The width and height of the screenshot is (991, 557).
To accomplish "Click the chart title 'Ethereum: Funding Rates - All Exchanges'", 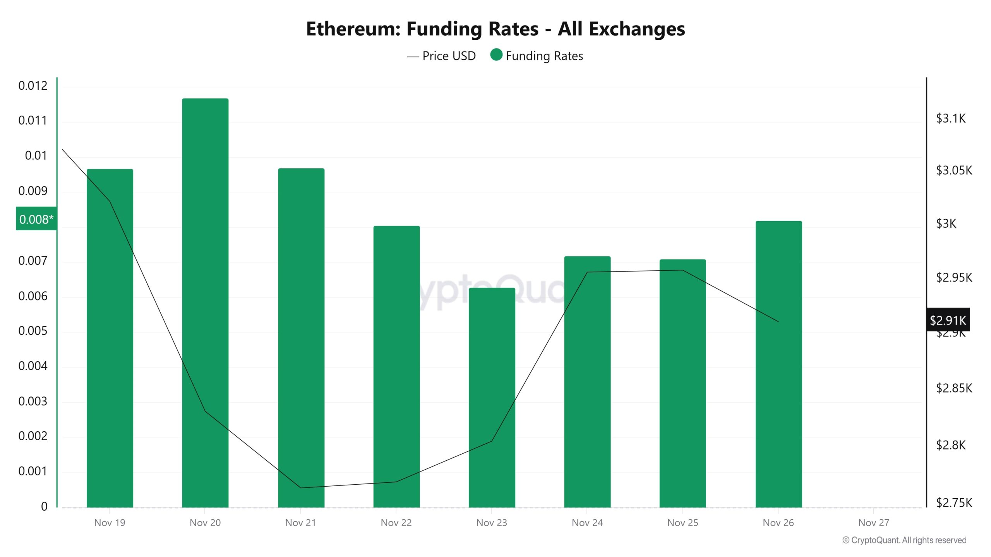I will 495,29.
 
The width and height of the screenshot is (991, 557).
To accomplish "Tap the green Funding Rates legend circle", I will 496,55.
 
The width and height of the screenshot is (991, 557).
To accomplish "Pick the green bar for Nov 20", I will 205,302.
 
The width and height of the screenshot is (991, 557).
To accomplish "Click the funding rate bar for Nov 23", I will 492,398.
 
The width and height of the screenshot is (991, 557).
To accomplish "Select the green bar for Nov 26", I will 778,364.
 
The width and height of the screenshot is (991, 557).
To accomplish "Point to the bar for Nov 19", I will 110,337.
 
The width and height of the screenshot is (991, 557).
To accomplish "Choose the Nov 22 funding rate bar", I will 396,367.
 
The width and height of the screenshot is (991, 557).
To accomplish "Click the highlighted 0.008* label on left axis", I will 36,219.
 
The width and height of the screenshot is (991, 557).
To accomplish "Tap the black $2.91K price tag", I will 948,320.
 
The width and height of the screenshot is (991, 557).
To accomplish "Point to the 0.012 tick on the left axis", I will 33,85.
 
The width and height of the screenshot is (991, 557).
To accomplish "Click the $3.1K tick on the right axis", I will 950,118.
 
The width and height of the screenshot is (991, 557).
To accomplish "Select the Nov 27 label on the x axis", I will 874,523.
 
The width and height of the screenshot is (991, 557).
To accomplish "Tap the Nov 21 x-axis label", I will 300,523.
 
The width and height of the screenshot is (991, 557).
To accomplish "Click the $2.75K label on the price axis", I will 954,503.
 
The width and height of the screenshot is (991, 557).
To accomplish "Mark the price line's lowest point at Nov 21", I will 301,488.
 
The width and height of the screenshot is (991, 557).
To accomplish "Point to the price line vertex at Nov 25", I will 682,270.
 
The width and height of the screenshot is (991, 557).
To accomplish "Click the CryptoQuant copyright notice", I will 904,540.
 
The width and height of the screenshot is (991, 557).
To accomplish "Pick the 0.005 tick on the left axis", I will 33,331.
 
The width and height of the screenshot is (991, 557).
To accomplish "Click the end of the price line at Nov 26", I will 778,321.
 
